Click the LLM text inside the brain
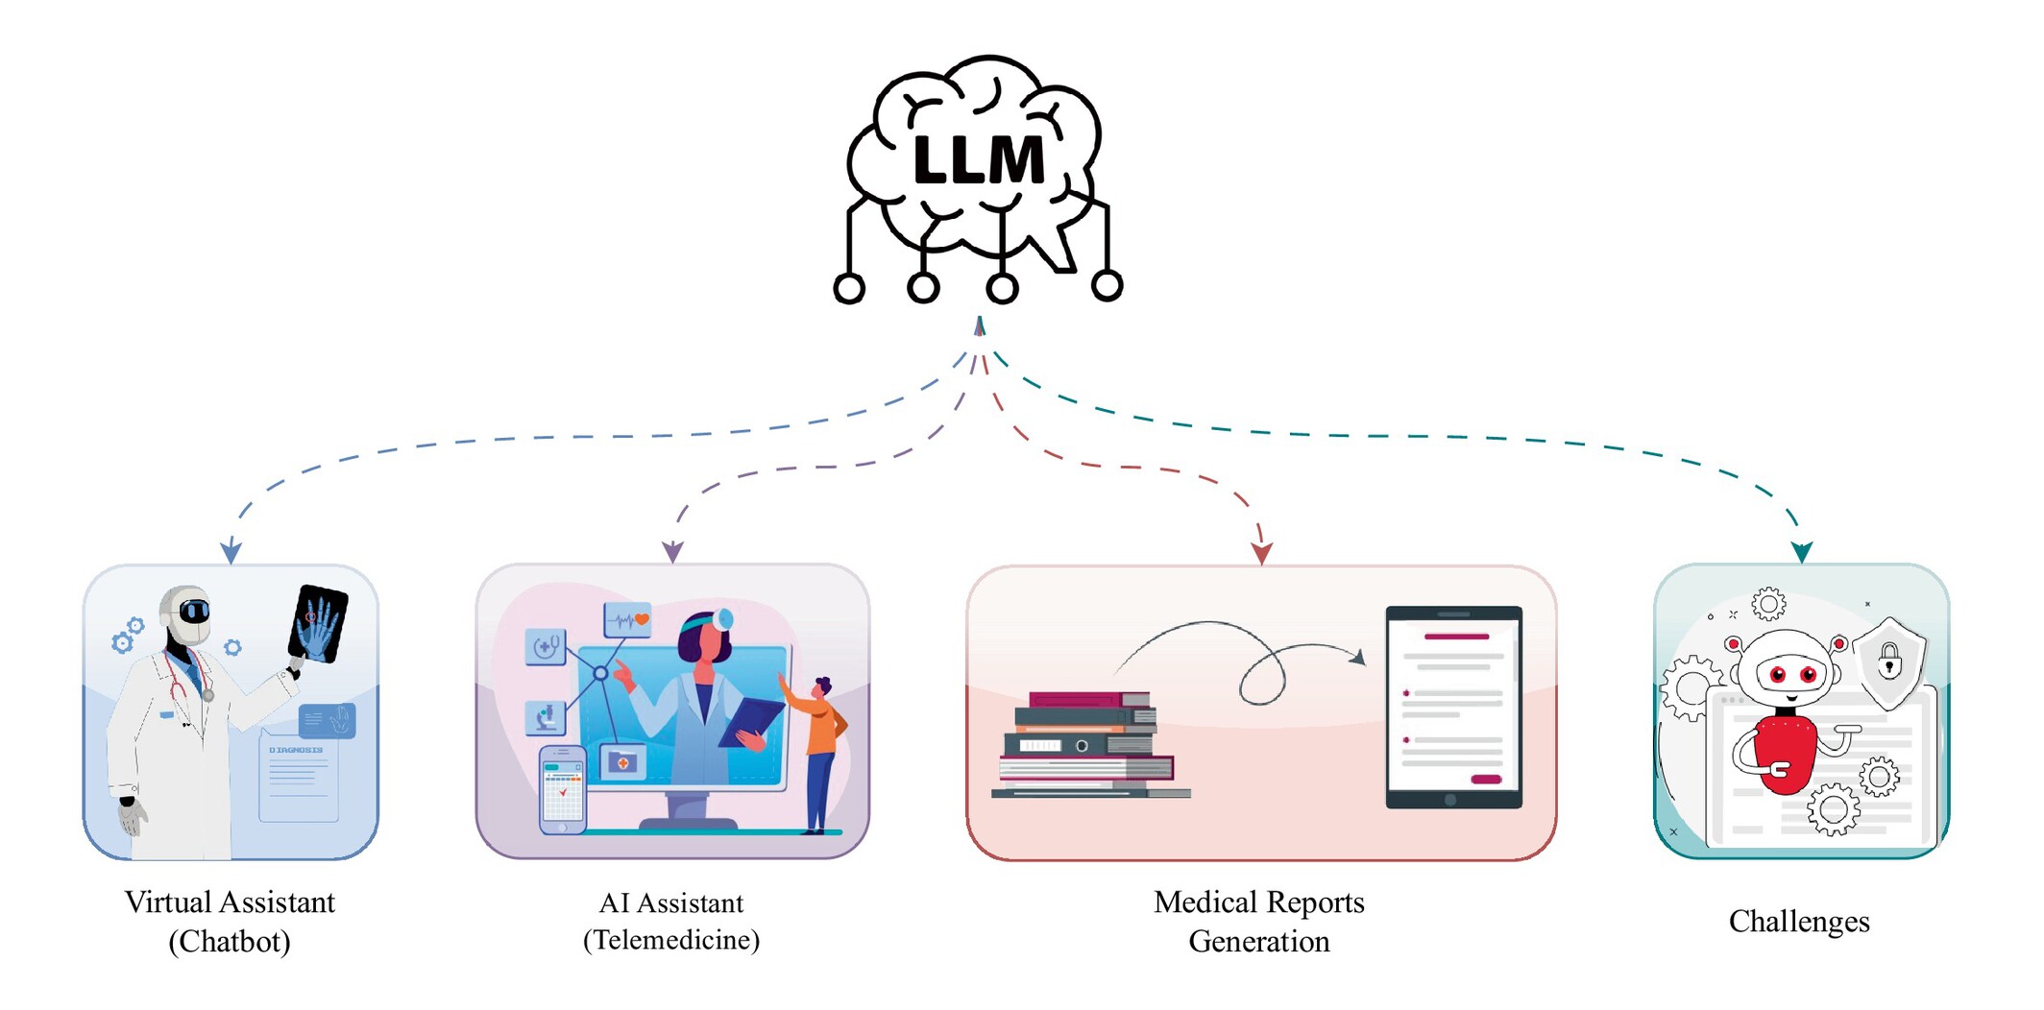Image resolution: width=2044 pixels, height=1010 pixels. [978, 160]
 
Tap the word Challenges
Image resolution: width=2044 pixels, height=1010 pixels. [1798, 922]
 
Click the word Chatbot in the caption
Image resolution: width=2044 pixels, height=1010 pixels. [230, 942]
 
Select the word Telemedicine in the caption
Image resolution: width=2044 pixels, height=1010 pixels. [671, 940]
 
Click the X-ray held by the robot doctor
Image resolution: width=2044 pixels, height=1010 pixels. [318, 624]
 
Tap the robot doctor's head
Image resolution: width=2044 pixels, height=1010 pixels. [186, 614]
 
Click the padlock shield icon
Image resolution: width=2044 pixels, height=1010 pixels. [1889, 661]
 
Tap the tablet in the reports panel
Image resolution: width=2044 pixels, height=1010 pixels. [1453, 708]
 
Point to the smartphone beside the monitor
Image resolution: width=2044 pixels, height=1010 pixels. [562, 789]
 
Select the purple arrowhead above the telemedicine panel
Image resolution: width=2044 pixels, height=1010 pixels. [672, 552]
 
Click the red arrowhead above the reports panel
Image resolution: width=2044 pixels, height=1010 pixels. [1262, 553]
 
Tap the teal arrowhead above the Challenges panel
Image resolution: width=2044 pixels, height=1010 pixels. [1802, 552]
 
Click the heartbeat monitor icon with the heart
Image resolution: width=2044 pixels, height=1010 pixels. [627, 620]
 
